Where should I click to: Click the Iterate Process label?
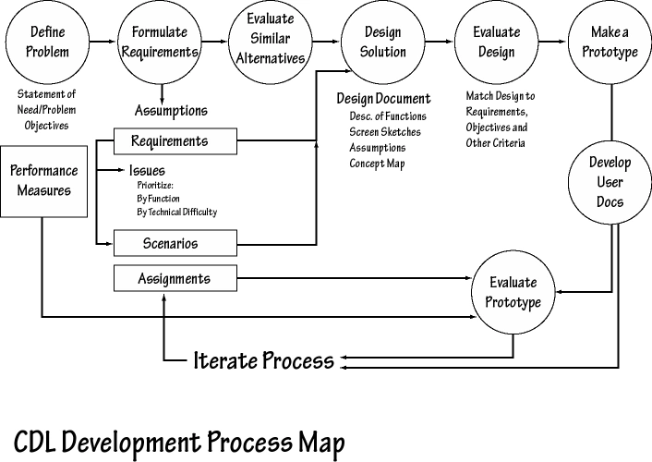pos(263,360)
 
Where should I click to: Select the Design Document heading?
pos(383,99)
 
